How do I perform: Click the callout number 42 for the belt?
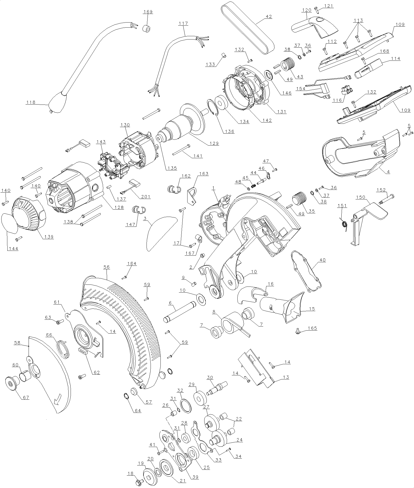point(268,16)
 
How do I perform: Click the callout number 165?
point(312,328)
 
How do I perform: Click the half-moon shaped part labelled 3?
point(159,232)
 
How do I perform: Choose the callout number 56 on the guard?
point(107,267)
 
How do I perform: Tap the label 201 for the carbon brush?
point(146,197)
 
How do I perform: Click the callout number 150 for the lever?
point(366,197)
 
